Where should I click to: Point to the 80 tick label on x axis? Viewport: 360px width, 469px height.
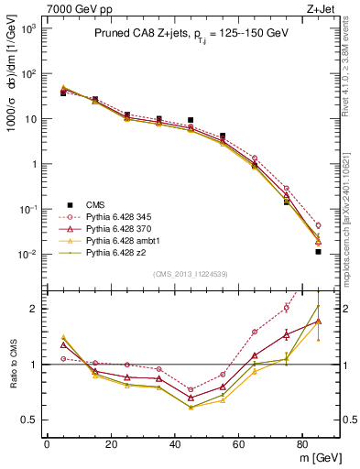click(302, 443)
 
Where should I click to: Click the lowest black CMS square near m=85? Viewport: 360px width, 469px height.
click(318, 251)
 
